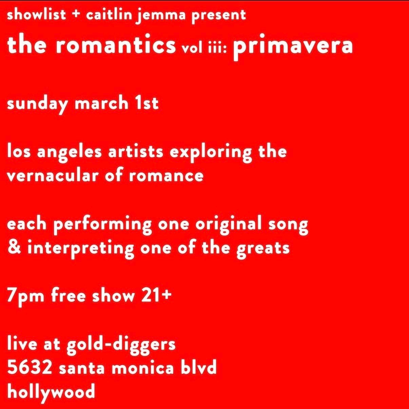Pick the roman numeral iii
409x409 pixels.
pyautogui.click(x=218, y=48)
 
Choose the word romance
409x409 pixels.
pyautogui.click(x=166, y=176)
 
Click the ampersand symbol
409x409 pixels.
pyautogui.click(x=14, y=248)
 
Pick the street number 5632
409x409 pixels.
pyautogui.click(x=29, y=368)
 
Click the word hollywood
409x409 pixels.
pyautogui.click(x=51, y=392)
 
